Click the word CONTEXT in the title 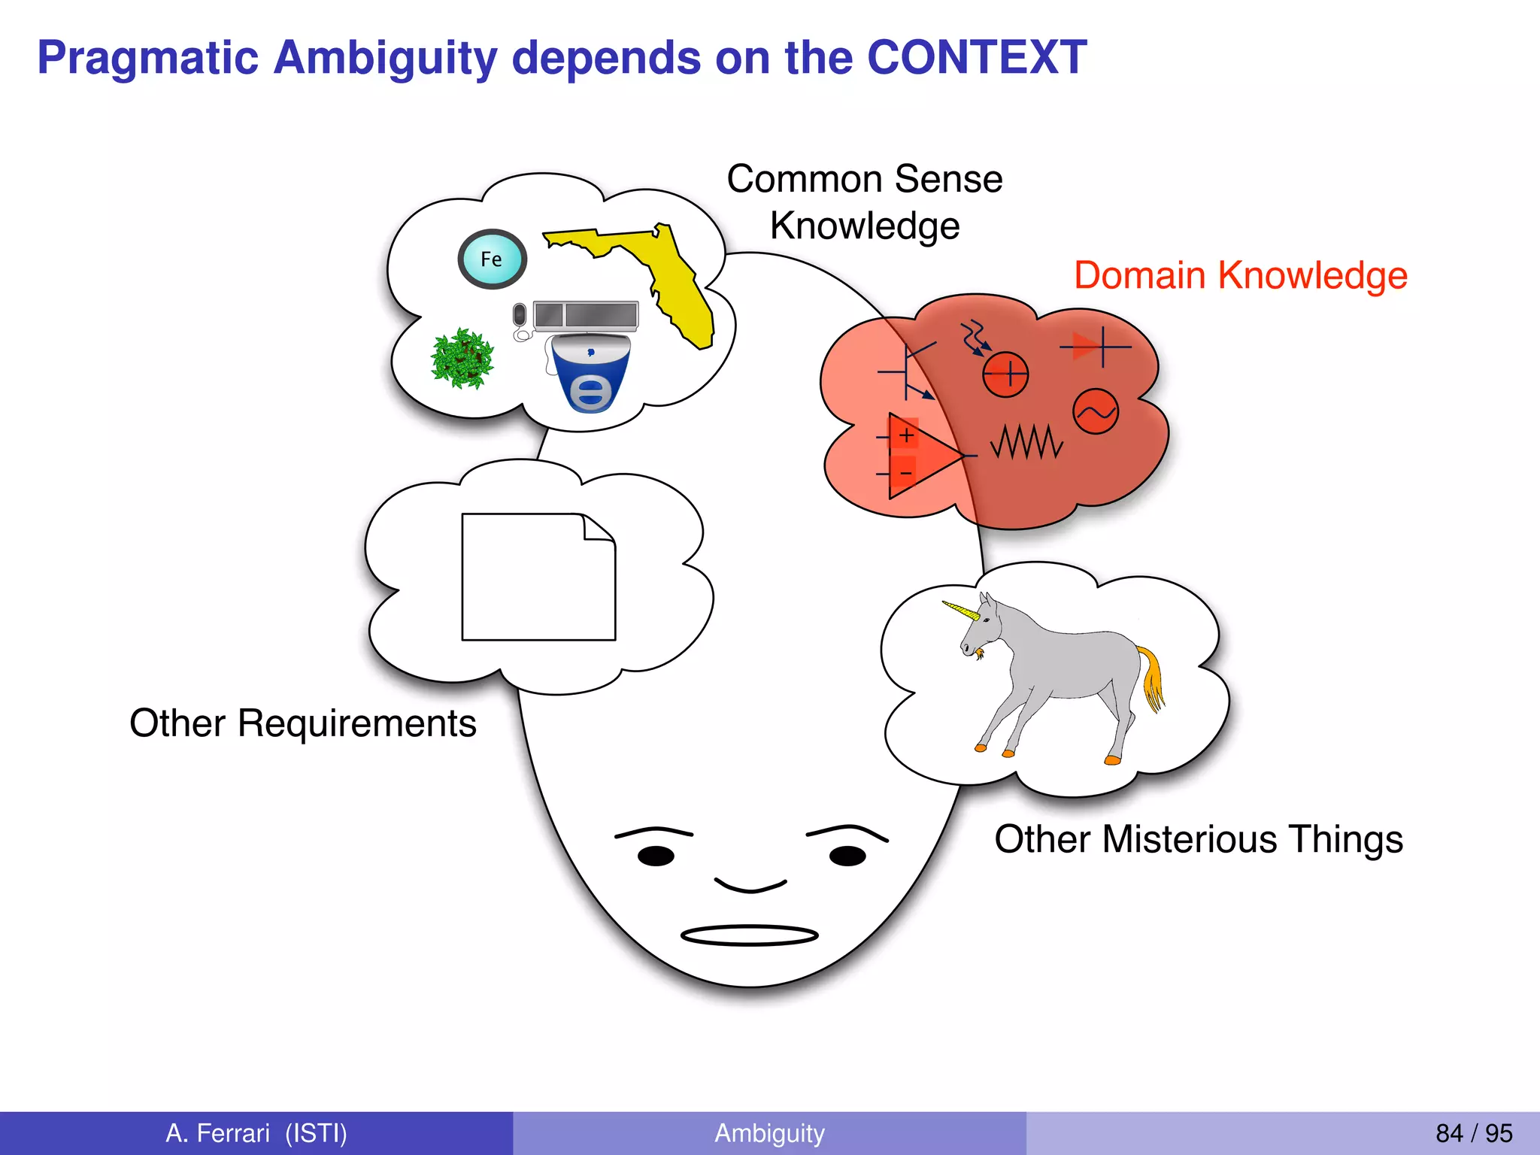pos(976,58)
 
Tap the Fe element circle pos(492,259)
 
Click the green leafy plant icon pos(462,359)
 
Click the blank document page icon pos(538,577)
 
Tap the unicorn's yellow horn pos(960,609)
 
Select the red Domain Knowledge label pos(1240,275)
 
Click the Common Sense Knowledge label pos(864,202)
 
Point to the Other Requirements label pos(302,723)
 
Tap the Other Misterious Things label pos(1198,839)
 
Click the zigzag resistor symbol pos(1026,442)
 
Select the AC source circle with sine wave pos(1095,411)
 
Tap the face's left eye pos(656,856)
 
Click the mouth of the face pos(749,935)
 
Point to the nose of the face pos(750,885)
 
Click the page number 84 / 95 pos(1473,1133)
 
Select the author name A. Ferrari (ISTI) pos(256,1133)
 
